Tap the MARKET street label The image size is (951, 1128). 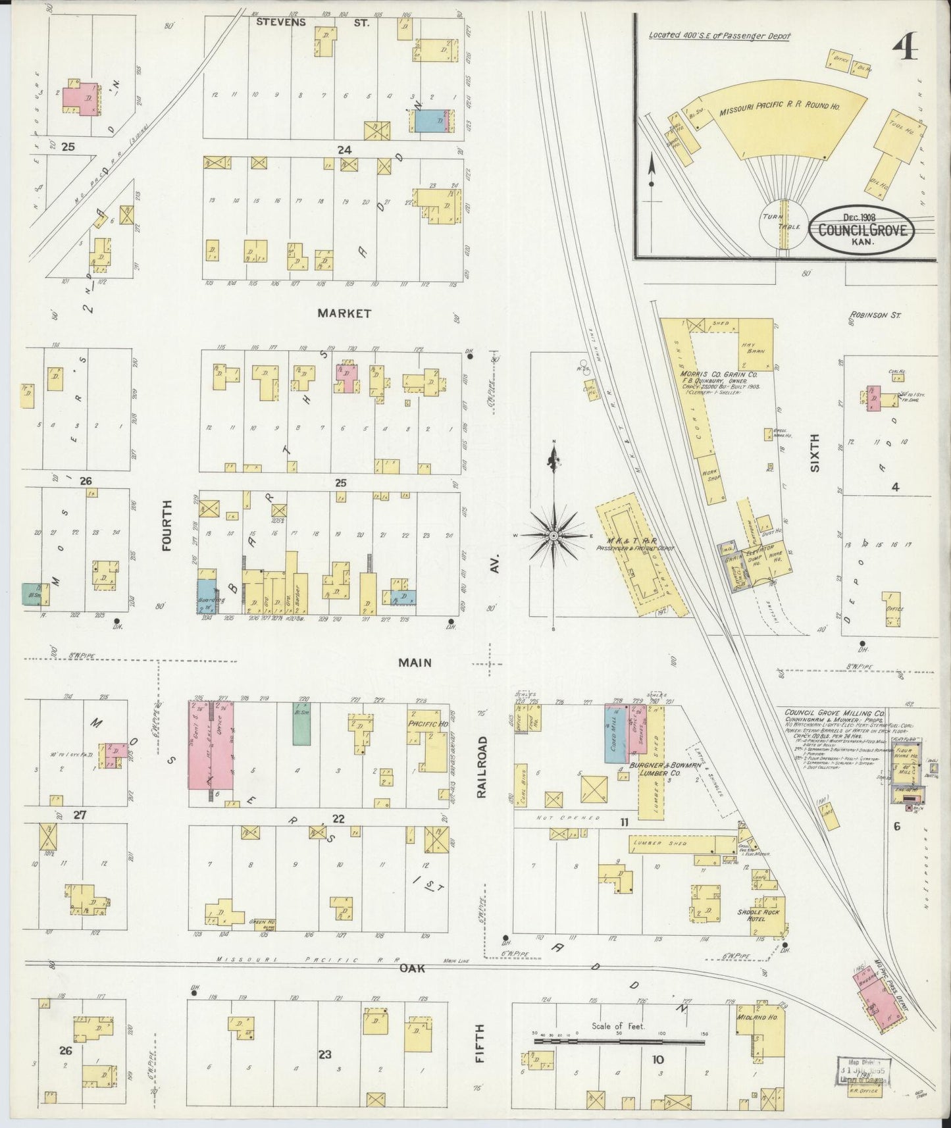coord(344,313)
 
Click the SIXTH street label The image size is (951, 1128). coord(815,453)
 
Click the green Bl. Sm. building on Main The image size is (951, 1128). coord(302,723)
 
